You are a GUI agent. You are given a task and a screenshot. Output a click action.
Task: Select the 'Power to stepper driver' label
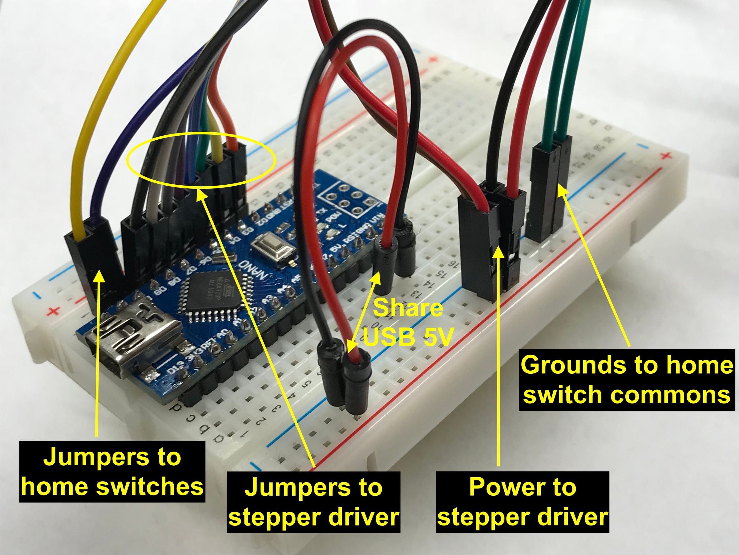(523, 502)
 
